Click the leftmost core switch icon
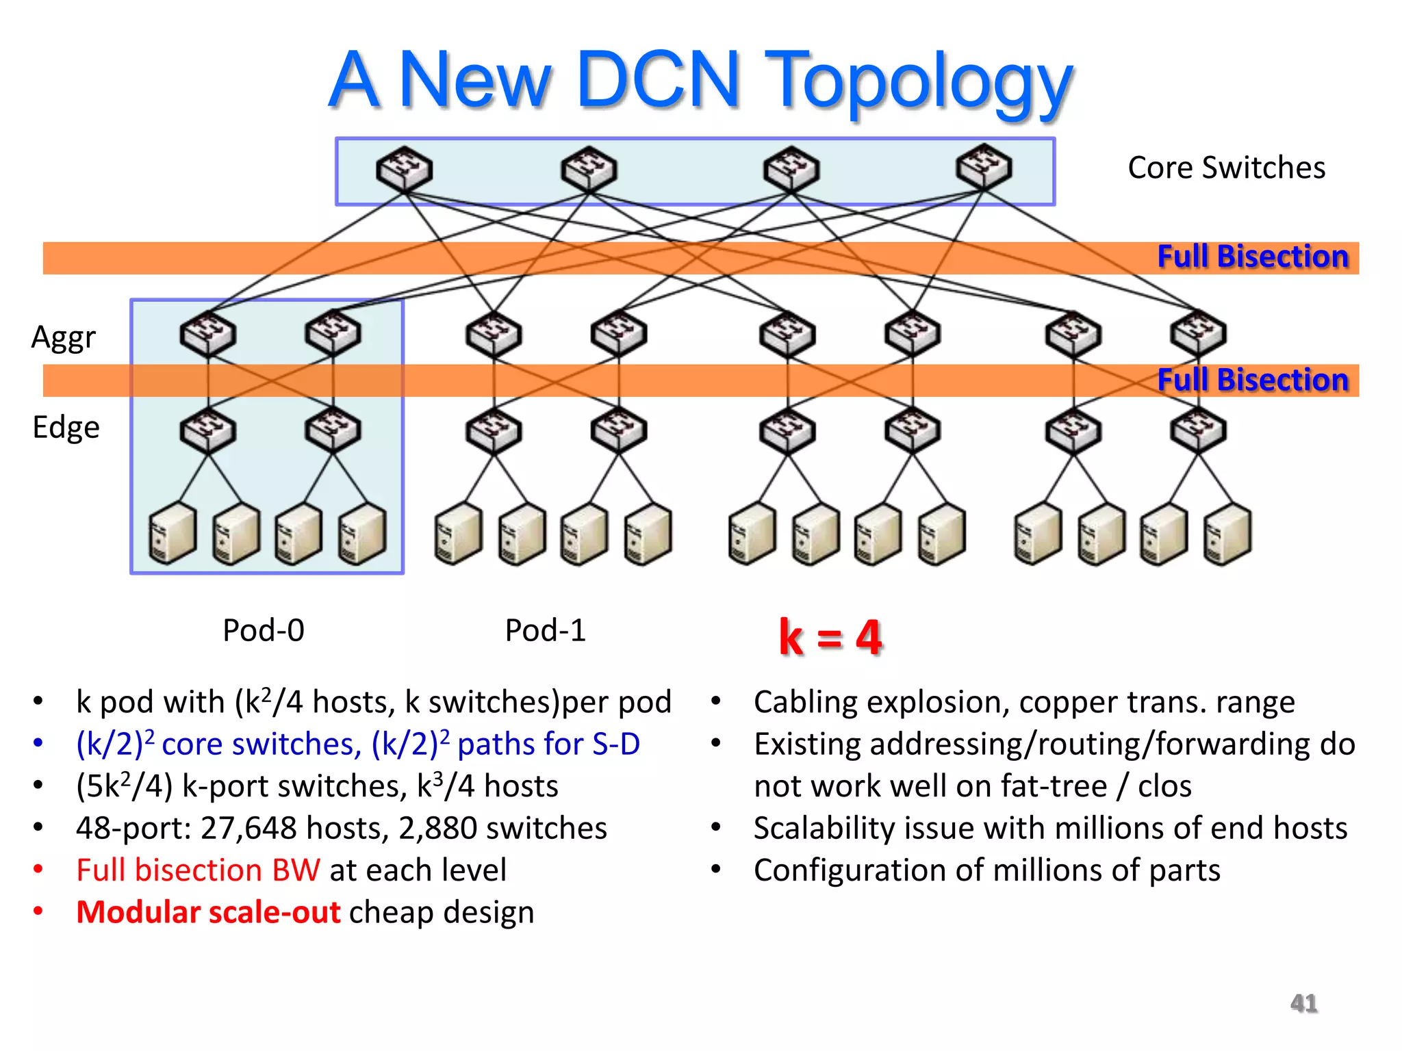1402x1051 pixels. pyautogui.click(x=404, y=169)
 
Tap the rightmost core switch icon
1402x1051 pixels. pyautogui.click(x=984, y=167)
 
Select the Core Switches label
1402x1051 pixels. pyautogui.click(x=1226, y=168)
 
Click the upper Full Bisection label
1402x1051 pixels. pyautogui.click(x=1252, y=257)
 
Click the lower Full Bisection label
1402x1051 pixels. pyautogui.click(x=1252, y=380)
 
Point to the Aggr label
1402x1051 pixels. pyautogui.click(x=64, y=337)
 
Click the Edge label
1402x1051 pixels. pyautogui.click(x=66, y=428)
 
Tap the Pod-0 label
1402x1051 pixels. pyautogui.click(x=264, y=630)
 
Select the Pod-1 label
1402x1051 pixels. pyautogui.click(x=545, y=630)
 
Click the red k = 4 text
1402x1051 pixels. pyautogui.click(x=830, y=638)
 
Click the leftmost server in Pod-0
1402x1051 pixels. pyautogui.click(x=172, y=533)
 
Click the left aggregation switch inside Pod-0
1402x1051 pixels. pyautogui.click(x=208, y=334)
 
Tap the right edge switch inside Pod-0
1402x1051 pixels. pyautogui.click(x=333, y=430)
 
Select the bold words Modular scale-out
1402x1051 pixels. pyautogui.click(x=208, y=913)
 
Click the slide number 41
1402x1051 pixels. pyautogui.click(x=1303, y=1004)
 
